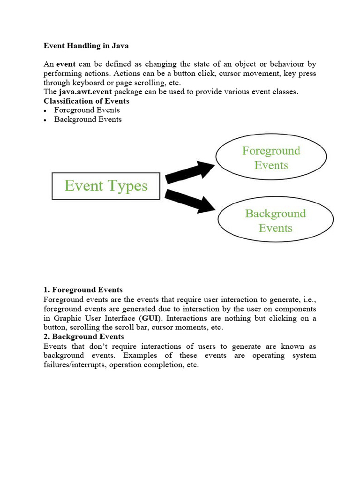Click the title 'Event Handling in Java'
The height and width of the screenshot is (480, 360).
(x=86, y=46)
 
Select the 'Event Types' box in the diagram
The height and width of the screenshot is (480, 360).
(x=106, y=186)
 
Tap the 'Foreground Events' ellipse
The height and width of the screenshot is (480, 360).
(x=270, y=157)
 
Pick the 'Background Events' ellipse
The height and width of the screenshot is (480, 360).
(x=275, y=220)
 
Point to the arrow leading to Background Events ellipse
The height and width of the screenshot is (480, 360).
(x=190, y=201)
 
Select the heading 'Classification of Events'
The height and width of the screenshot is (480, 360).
(x=86, y=101)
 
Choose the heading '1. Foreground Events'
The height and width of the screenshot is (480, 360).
(x=83, y=290)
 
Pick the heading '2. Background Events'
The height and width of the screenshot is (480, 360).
(x=83, y=337)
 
